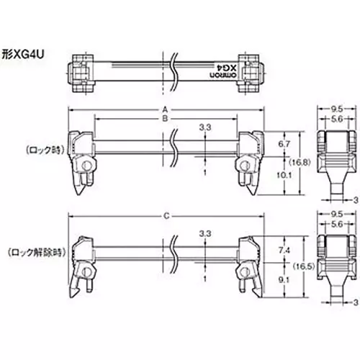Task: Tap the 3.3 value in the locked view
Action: [x=204, y=127]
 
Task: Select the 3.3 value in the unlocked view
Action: [x=204, y=234]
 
